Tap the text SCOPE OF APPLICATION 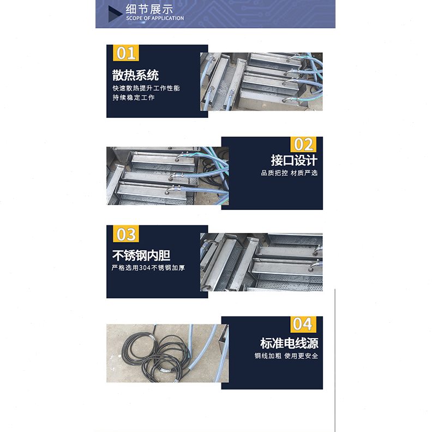[x=155, y=19]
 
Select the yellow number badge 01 [x=126, y=53]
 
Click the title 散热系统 [x=136, y=75]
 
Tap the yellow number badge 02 [x=303, y=145]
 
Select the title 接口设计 [x=294, y=160]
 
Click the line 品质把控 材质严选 [x=289, y=173]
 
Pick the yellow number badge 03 [x=126, y=235]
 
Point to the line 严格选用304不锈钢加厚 [x=148, y=268]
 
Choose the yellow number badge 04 [x=303, y=324]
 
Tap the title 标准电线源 [x=289, y=343]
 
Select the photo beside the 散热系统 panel [x=261, y=82]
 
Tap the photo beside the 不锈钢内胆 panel [x=261, y=262]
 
